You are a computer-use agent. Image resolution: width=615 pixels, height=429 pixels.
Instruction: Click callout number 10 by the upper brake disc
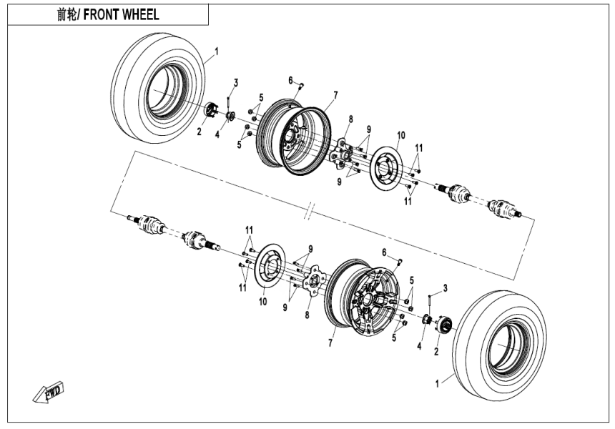point(401,135)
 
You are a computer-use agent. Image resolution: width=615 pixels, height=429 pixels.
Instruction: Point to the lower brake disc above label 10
point(267,268)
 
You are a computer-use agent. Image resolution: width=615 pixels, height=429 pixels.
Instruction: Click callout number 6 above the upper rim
point(291,79)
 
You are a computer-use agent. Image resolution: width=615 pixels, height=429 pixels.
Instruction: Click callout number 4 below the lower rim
point(418,345)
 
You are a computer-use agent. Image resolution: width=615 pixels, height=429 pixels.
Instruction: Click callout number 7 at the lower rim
point(330,343)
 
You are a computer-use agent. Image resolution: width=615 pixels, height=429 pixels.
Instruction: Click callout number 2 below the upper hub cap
point(200,132)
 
